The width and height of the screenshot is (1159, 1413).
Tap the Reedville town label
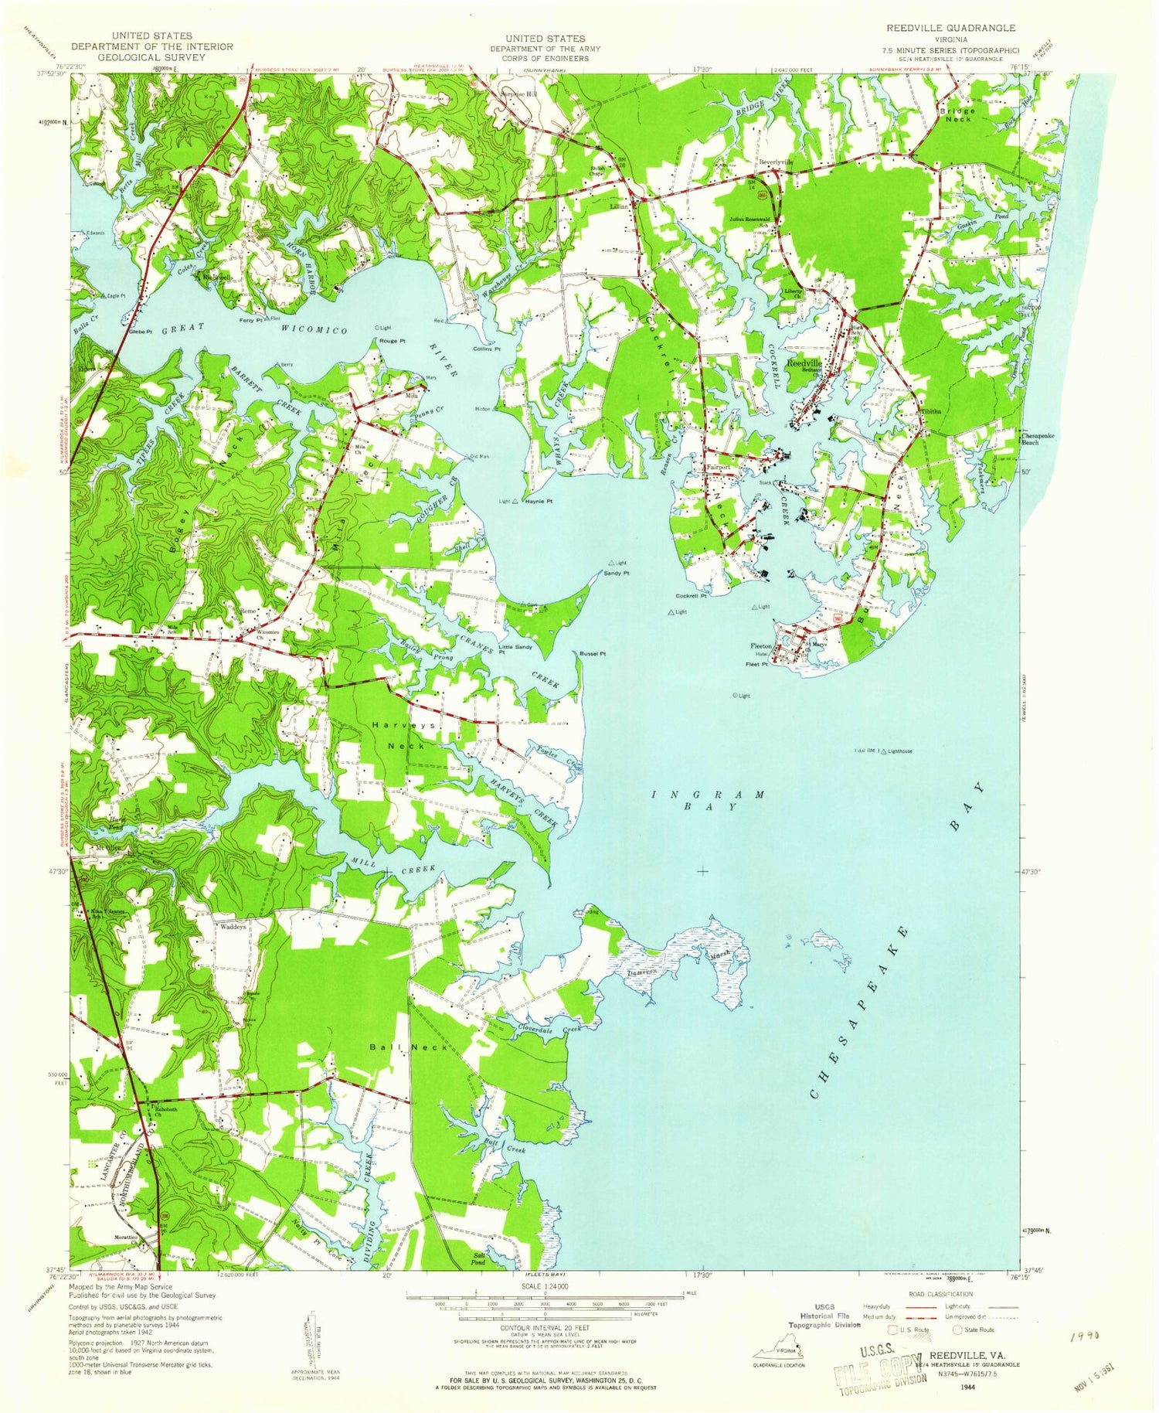[x=804, y=363]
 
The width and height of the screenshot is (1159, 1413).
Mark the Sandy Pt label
[x=616, y=574]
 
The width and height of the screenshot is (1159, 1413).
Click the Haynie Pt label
[x=539, y=502]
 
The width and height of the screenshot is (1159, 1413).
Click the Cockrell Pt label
[x=692, y=596]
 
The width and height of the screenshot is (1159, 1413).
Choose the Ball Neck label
[x=398, y=1047]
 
